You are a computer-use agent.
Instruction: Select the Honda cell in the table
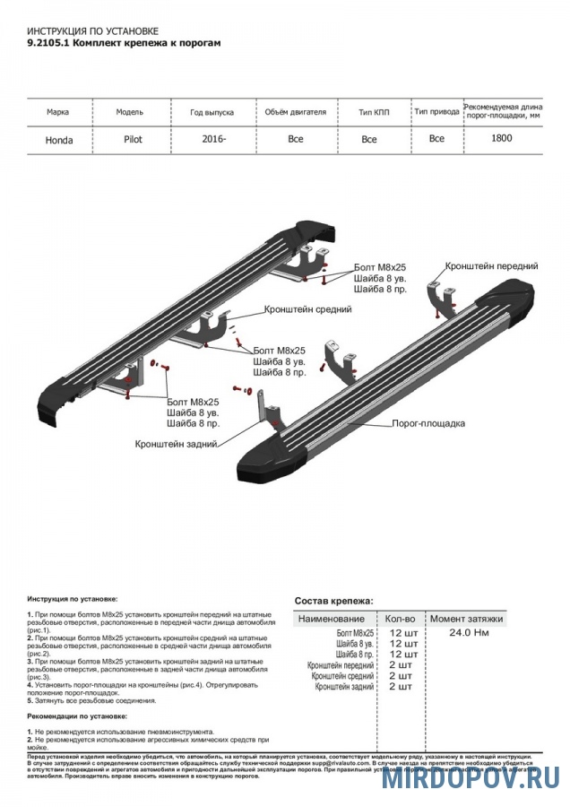[x=59, y=140]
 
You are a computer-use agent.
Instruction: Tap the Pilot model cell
[x=133, y=139]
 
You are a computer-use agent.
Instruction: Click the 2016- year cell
[x=213, y=139]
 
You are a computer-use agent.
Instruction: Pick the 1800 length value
[x=502, y=138]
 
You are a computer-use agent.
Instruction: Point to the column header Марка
[x=59, y=112]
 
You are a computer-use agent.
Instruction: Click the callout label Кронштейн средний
[x=307, y=308]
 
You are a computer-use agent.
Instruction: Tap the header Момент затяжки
[x=466, y=619]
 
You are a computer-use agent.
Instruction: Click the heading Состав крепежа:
[x=333, y=601]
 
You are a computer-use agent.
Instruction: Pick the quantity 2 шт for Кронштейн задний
[x=400, y=686]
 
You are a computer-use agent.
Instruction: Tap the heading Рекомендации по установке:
[x=77, y=716]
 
